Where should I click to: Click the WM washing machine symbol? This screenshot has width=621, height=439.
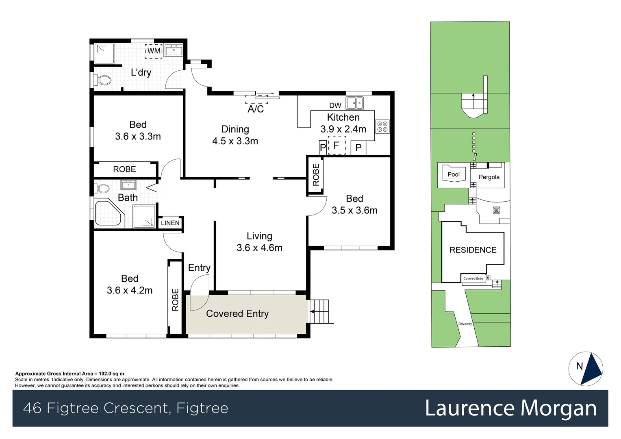(154, 51)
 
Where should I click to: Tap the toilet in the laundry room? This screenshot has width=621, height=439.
(103, 80)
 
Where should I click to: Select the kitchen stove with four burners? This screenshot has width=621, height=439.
(382, 126)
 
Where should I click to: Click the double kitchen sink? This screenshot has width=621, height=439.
(355, 103)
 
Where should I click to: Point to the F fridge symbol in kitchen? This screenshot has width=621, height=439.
(336, 146)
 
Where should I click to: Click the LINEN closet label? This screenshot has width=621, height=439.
(170, 223)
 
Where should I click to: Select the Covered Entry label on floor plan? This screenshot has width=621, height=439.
(237, 313)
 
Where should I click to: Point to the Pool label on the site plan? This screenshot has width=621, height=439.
(454, 174)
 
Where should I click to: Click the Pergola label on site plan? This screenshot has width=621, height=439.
(489, 177)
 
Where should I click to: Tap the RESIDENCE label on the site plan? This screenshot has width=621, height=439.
(473, 250)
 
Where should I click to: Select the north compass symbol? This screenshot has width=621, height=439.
(586, 368)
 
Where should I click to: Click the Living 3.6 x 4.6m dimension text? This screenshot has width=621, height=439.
(259, 248)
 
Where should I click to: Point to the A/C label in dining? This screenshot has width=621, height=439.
(256, 109)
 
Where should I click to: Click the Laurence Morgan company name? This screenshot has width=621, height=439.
(510, 408)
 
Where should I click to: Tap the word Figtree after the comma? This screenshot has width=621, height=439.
(202, 408)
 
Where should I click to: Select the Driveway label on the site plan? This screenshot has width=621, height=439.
(465, 324)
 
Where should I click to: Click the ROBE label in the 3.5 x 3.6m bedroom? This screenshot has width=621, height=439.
(316, 175)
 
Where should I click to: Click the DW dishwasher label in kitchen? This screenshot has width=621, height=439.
(335, 106)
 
